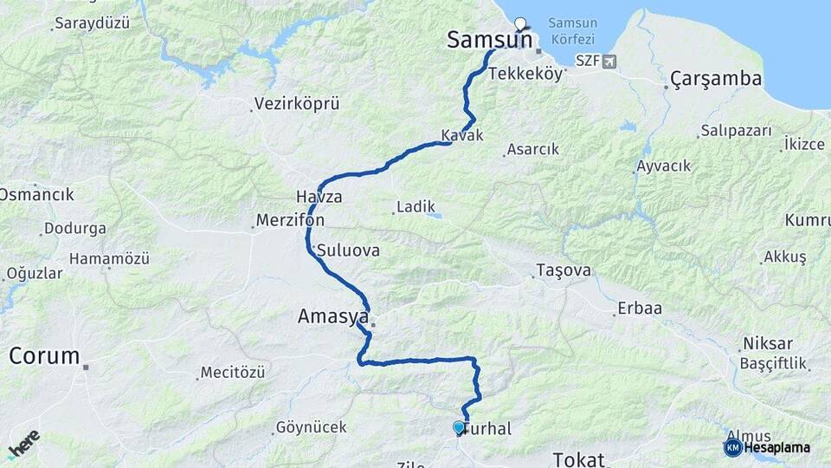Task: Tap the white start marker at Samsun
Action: coord(520,23)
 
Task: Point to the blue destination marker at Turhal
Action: coord(459,427)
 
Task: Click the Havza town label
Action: coord(319,197)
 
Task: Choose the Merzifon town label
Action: coord(290,221)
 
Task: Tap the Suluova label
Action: coord(348,250)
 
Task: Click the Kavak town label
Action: coord(461,136)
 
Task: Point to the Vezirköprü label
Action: coord(296,104)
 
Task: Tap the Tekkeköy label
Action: coord(525,75)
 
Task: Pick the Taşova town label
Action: coord(564,270)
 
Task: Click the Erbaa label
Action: coord(639,309)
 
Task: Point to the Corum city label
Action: coord(45,355)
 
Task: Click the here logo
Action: coord(23,444)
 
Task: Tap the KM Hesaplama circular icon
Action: coord(732,447)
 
